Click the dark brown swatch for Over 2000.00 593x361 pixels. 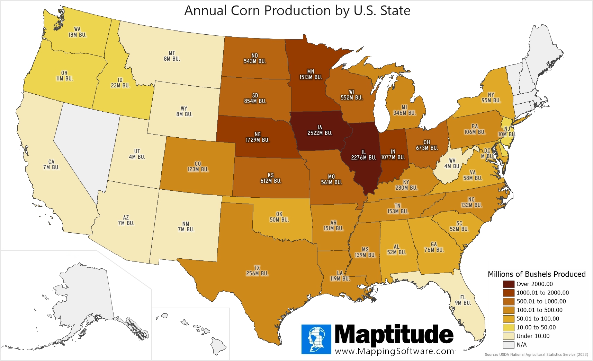(x=508, y=284)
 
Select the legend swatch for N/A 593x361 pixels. (x=508, y=345)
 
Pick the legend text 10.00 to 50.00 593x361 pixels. (x=536, y=327)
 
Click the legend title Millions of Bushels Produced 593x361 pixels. (x=536, y=274)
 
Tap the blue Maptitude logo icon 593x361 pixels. (x=316, y=339)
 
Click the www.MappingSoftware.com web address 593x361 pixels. (x=394, y=351)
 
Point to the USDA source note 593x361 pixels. (x=536, y=355)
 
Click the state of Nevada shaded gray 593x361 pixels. (x=87, y=146)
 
